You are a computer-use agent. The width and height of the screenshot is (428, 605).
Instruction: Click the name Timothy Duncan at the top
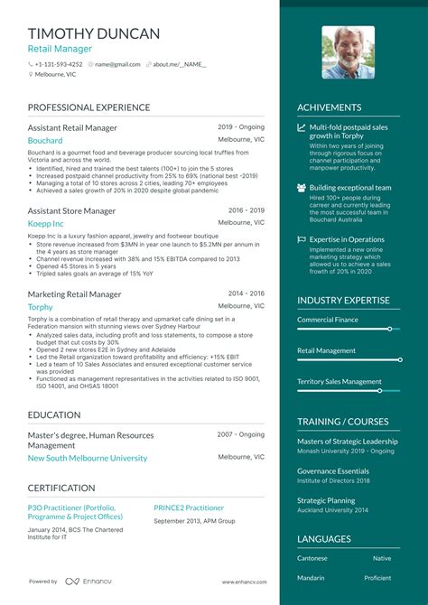tap(94, 33)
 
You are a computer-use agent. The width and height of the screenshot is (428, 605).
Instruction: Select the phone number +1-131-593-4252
tap(58, 64)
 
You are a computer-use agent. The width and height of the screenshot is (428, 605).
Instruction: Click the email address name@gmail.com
tap(117, 64)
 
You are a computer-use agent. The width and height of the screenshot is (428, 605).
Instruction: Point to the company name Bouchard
tap(45, 141)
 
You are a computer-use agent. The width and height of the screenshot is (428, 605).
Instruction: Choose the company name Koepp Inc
tap(46, 223)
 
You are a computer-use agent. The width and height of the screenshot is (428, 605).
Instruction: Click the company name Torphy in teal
tap(41, 307)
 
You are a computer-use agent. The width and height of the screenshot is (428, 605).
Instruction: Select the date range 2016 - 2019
tap(247, 210)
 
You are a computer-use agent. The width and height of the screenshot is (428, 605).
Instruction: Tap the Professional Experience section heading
tap(88, 107)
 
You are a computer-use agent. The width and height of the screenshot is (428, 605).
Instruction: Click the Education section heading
tap(53, 414)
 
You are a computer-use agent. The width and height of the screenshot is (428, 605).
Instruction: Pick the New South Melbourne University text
tap(88, 458)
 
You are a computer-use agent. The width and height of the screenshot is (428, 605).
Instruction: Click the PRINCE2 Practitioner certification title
tap(189, 507)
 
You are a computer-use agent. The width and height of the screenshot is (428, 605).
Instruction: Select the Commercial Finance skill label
tap(329, 320)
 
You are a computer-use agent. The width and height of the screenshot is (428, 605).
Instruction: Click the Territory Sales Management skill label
tap(340, 381)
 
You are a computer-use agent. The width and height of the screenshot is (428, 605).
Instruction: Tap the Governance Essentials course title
tap(333, 470)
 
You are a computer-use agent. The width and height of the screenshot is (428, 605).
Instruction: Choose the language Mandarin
tap(312, 578)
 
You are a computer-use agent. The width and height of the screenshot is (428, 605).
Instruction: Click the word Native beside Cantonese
tap(382, 558)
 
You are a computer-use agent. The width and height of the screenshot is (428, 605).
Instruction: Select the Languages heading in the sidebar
tap(324, 539)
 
